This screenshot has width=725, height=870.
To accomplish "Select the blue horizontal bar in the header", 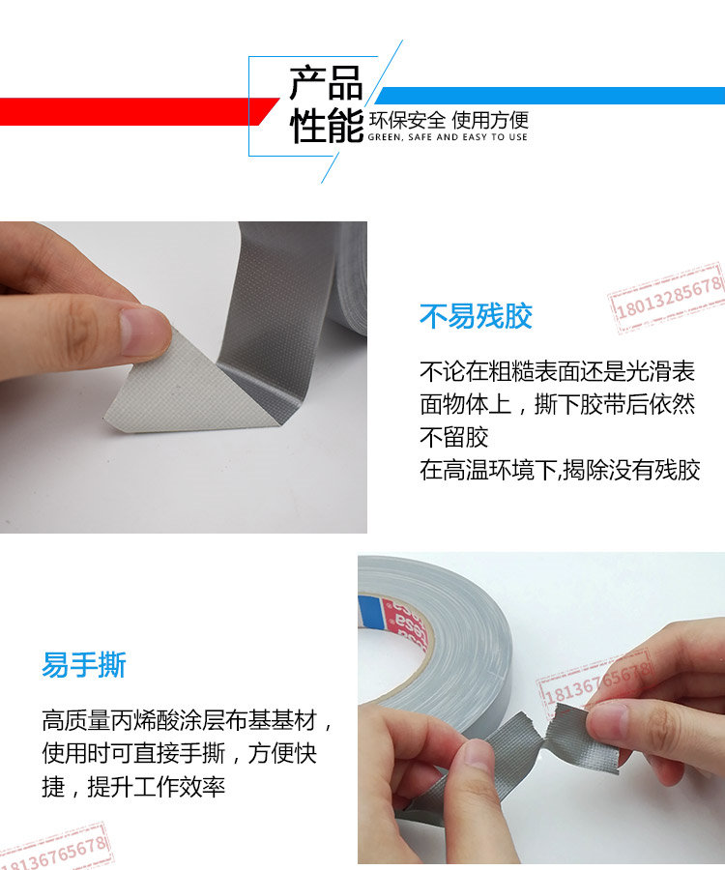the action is (550, 96).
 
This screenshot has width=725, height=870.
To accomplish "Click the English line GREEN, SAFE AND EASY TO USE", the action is (448, 137).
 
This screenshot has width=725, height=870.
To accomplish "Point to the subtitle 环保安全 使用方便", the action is (449, 120).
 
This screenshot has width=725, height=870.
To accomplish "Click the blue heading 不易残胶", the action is (476, 316).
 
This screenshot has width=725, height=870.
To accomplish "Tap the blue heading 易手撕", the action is (84, 664).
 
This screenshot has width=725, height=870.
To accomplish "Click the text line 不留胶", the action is (453, 437).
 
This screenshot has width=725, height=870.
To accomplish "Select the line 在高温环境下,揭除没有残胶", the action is (560, 470).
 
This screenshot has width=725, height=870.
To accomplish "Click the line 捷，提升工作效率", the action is (133, 786).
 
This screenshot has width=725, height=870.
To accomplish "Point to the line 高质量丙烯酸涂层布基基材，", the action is (188, 720).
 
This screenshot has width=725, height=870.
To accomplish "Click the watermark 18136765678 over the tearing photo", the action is (594, 680).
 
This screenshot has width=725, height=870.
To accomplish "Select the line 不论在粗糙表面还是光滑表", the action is (557, 371).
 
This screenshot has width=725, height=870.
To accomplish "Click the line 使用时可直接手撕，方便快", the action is (179, 753).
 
